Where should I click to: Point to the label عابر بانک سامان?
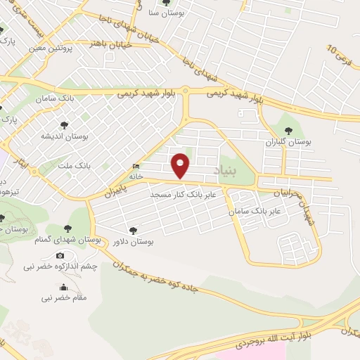(257, 210)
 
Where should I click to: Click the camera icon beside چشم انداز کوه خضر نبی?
(60, 255)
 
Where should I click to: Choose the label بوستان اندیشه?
(63, 136)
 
